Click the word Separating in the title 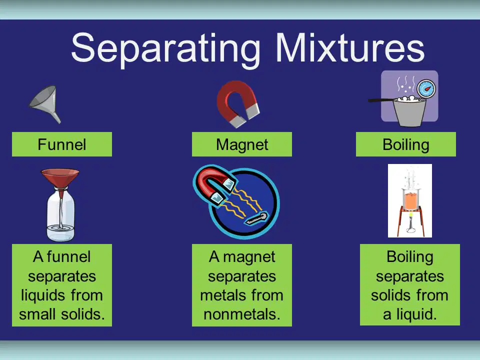click(165, 49)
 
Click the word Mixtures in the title click(350, 47)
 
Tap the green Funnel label click(62, 144)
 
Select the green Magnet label click(242, 144)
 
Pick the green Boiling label click(406, 144)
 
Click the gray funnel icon click(46, 104)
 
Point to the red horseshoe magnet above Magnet click(237, 103)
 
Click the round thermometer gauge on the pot click(426, 89)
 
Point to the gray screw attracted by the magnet click(256, 218)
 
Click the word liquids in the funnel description click(42, 295)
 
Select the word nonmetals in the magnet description click(242, 314)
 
